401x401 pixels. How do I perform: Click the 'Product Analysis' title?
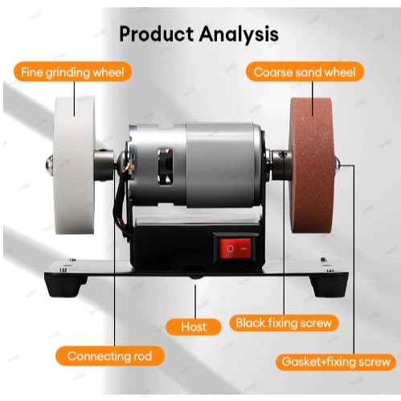click(x=198, y=35)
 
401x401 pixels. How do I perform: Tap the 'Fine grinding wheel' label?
click(x=72, y=72)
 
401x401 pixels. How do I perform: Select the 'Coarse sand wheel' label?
click(x=305, y=72)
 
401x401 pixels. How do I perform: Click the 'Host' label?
click(x=194, y=327)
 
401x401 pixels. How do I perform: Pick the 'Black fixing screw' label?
click(x=284, y=323)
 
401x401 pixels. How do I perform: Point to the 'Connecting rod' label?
click(x=110, y=356)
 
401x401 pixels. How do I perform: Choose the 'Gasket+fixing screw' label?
click(x=336, y=362)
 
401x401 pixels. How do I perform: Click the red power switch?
click(x=235, y=248)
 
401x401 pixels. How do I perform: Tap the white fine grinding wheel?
click(x=74, y=166)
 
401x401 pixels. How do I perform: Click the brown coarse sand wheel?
click(x=312, y=166)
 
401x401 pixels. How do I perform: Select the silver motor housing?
click(x=195, y=166)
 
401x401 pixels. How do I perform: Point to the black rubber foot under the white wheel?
click(x=64, y=286)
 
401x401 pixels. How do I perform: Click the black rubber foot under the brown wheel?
click(x=329, y=287)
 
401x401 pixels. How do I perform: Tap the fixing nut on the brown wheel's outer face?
click(x=338, y=163)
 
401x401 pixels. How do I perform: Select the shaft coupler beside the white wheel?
click(x=104, y=164)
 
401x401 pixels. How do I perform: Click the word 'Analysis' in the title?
click(x=239, y=35)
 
